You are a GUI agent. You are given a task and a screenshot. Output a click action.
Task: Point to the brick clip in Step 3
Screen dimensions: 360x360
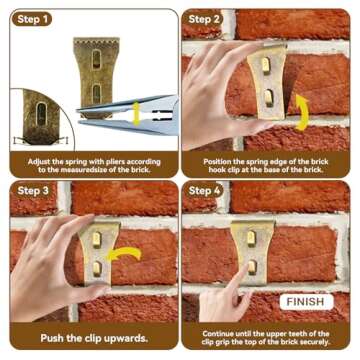[98, 250]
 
